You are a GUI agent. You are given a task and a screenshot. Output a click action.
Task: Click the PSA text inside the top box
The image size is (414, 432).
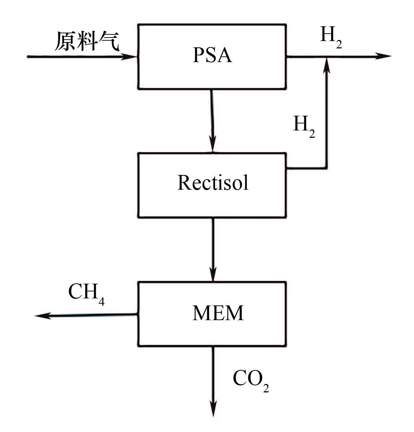click(x=212, y=55)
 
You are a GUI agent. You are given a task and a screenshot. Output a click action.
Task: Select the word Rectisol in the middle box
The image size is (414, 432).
click(x=213, y=182)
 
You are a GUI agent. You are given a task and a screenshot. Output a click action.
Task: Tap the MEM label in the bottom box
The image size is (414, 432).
click(x=218, y=313)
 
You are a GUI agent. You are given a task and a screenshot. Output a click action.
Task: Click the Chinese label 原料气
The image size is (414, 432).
click(x=87, y=41)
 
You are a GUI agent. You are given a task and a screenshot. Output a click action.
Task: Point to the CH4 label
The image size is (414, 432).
click(x=86, y=293)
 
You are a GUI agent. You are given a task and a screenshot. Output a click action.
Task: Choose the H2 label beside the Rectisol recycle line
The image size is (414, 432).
click(x=303, y=126)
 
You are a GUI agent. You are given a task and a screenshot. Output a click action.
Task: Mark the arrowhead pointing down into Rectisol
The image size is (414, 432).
click(x=213, y=146)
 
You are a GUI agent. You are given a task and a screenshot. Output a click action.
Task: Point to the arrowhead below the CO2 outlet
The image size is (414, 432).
click(x=213, y=409)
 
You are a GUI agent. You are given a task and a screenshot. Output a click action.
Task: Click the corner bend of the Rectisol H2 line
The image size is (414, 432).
click(x=327, y=168)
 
